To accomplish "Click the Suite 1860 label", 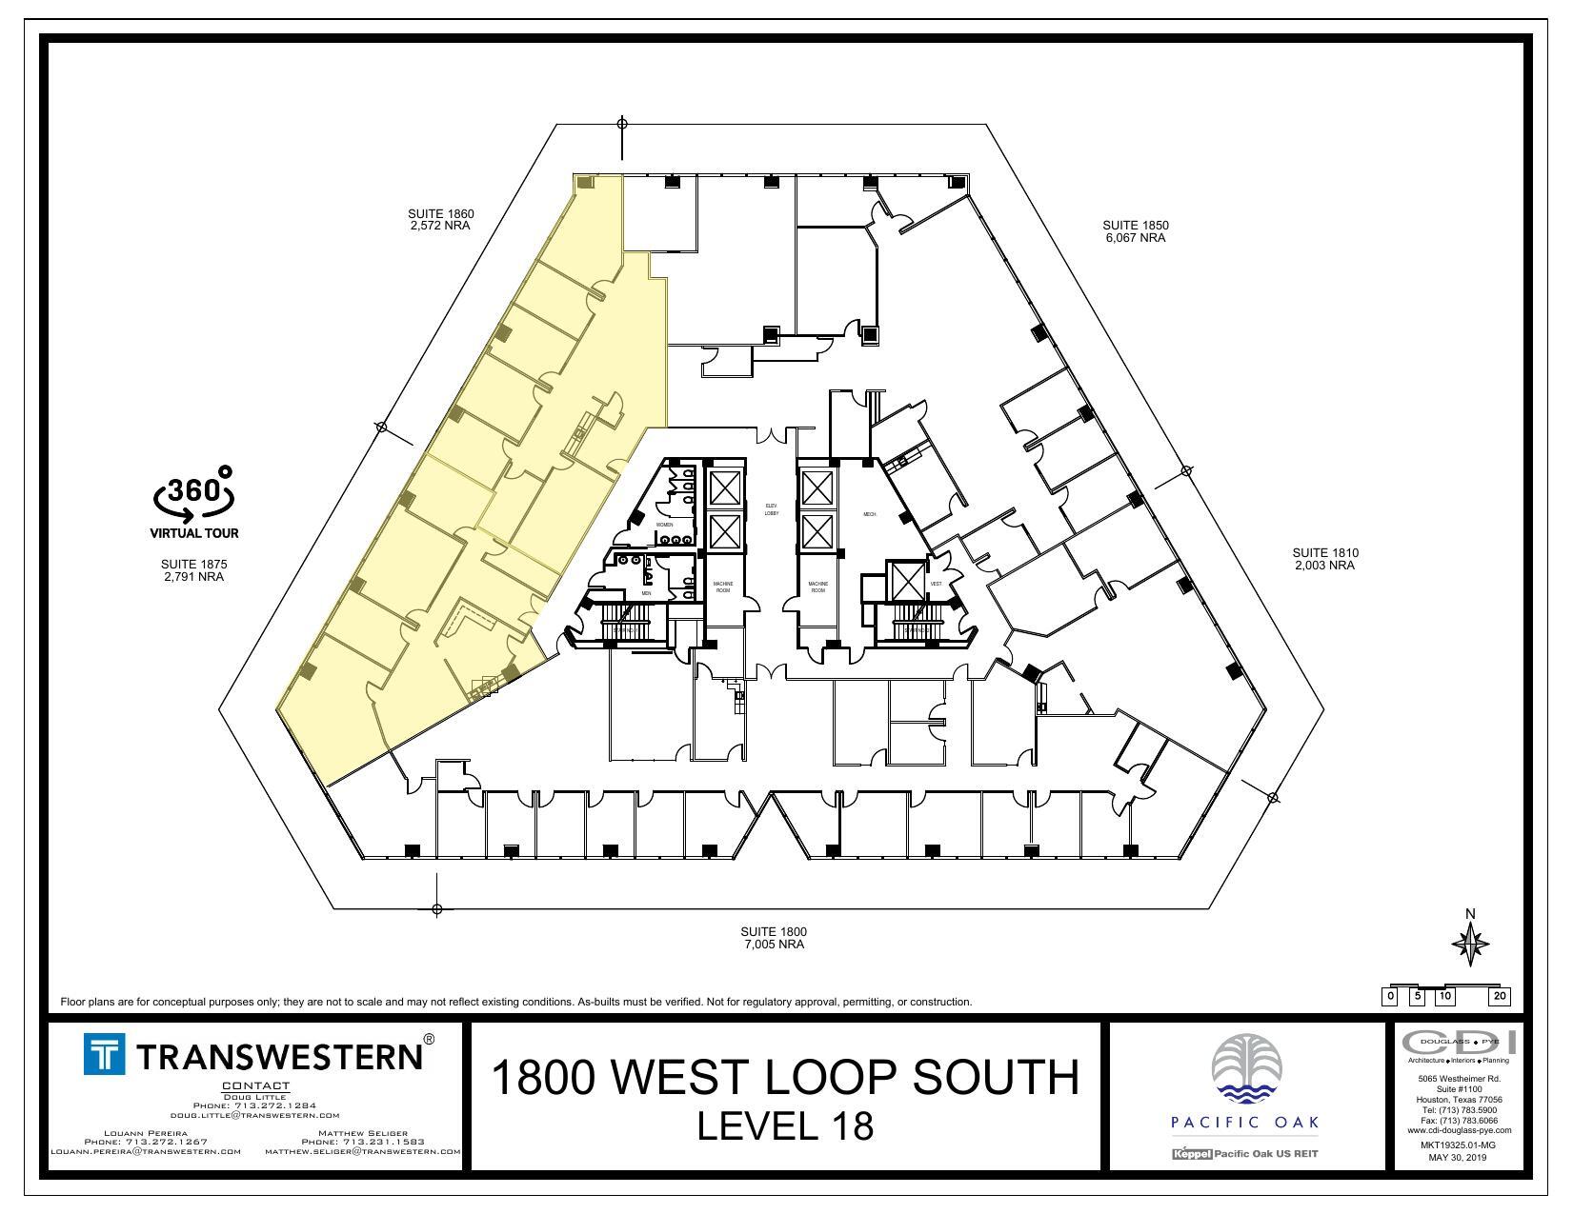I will pyautogui.click(x=440, y=220).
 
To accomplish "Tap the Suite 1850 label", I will pyautogui.click(x=1135, y=231).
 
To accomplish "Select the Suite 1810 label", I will pyautogui.click(x=1324, y=559).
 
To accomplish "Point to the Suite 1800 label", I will pyautogui.click(x=774, y=938).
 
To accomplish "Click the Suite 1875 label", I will pyautogui.click(x=193, y=570).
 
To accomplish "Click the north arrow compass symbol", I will pyautogui.click(x=1470, y=944).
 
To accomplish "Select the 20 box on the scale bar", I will pyautogui.click(x=1500, y=997).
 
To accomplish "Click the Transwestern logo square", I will pyautogui.click(x=105, y=1054).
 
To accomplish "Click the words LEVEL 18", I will pyautogui.click(x=785, y=1126).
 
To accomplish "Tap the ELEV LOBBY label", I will pyautogui.click(x=772, y=509).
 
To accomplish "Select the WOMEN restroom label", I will pyautogui.click(x=664, y=525).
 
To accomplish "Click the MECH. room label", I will pyautogui.click(x=869, y=514).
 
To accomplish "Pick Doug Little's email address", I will pyautogui.click(x=255, y=1115).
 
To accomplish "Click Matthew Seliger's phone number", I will pyautogui.click(x=362, y=1142).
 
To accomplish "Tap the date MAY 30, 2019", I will pyautogui.click(x=1457, y=1158).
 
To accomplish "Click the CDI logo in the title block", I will pyautogui.click(x=1458, y=1042).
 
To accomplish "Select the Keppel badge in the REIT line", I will pyautogui.click(x=1191, y=1154).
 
